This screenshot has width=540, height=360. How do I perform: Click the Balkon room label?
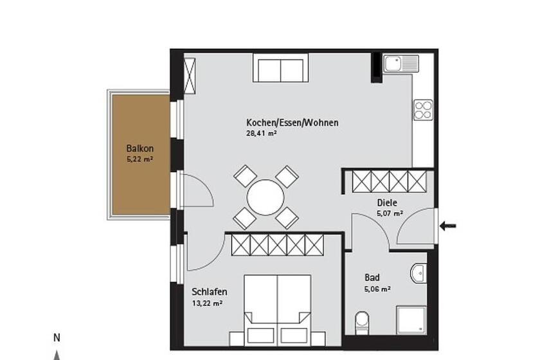[140, 148]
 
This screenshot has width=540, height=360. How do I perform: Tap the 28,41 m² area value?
[262, 133]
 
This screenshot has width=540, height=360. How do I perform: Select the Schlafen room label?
[210, 291]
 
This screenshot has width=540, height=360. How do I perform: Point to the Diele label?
[387, 203]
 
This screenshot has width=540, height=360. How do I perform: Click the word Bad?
[372, 277]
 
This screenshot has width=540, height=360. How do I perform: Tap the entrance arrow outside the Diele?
[447, 226]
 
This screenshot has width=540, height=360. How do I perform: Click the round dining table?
[265, 197]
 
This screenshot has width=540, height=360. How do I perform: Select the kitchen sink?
[402, 64]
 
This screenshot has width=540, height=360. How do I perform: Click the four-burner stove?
[423, 109]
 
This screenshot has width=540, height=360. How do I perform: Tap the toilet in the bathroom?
[362, 323]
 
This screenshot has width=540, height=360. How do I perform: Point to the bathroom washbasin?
[419, 273]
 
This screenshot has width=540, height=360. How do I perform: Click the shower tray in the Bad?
[411, 319]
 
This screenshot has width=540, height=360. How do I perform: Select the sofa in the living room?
[281, 67]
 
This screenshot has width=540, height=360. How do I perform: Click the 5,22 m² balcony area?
[140, 159]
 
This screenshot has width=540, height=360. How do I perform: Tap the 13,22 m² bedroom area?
[207, 303]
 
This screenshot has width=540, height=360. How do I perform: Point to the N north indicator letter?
[57, 338]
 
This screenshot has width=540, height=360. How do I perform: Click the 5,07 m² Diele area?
[390, 213]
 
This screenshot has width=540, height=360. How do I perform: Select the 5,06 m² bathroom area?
[377, 289]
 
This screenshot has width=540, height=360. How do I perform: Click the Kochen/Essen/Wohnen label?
[292, 123]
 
